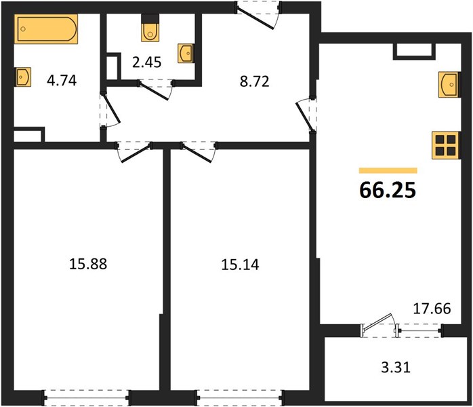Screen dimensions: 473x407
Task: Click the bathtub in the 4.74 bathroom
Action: pyautogui.click(x=46, y=29)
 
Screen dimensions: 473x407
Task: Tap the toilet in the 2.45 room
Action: pyautogui.click(x=150, y=28)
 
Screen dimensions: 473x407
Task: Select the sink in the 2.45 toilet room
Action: pyautogui.click(x=186, y=54)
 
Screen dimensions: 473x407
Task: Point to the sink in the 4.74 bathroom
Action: pyautogui.click(x=23, y=77)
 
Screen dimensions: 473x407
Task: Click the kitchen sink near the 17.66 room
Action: pyautogui.click(x=449, y=85)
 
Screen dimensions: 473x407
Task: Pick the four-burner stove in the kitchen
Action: pyautogui.click(x=445, y=145)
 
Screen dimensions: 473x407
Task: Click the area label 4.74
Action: pyautogui.click(x=62, y=81)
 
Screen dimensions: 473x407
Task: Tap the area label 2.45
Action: pyautogui.click(x=147, y=62)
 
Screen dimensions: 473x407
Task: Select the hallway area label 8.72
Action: pyautogui.click(x=255, y=81)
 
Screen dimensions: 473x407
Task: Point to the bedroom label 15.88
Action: pyautogui.click(x=88, y=264)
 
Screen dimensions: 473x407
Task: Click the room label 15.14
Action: pyautogui.click(x=240, y=265)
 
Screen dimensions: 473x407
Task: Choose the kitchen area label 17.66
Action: pyautogui.click(x=432, y=309)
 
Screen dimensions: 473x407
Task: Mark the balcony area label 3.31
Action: pyautogui.click(x=396, y=368)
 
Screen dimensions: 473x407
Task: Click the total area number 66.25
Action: pyautogui.click(x=388, y=190)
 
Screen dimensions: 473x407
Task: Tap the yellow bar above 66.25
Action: pyautogui.click(x=388, y=170)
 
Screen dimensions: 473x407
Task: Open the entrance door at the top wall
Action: pyautogui.click(x=258, y=15)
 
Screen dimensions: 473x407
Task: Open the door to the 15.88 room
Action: pyautogui.click(x=135, y=151)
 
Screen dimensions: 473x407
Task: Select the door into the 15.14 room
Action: pyautogui.click(x=199, y=151)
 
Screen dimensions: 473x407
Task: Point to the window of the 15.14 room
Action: pyautogui.click(x=240, y=398)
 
